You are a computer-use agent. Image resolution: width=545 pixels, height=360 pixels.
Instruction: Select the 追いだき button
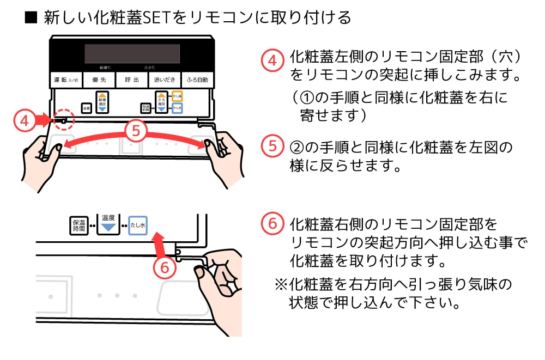click(x=164, y=80)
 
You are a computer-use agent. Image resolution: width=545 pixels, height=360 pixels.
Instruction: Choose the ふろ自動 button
click(x=197, y=80)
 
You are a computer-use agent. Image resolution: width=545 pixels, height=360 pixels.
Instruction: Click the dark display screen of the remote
click(x=132, y=53)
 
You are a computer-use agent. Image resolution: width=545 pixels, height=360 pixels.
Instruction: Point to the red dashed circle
click(x=63, y=119)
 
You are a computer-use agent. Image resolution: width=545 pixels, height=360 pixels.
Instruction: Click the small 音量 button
click(x=86, y=108)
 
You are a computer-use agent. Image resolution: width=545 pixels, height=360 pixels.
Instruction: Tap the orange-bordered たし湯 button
click(x=177, y=96)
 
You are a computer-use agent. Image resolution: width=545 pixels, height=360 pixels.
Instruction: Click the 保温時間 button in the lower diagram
click(x=79, y=225)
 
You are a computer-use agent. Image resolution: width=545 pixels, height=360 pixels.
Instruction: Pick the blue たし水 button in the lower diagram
click(x=138, y=225)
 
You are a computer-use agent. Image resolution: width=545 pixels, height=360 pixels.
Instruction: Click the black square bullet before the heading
click(x=31, y=18)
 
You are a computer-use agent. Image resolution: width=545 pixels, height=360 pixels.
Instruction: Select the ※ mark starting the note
click(x=280, y=284)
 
